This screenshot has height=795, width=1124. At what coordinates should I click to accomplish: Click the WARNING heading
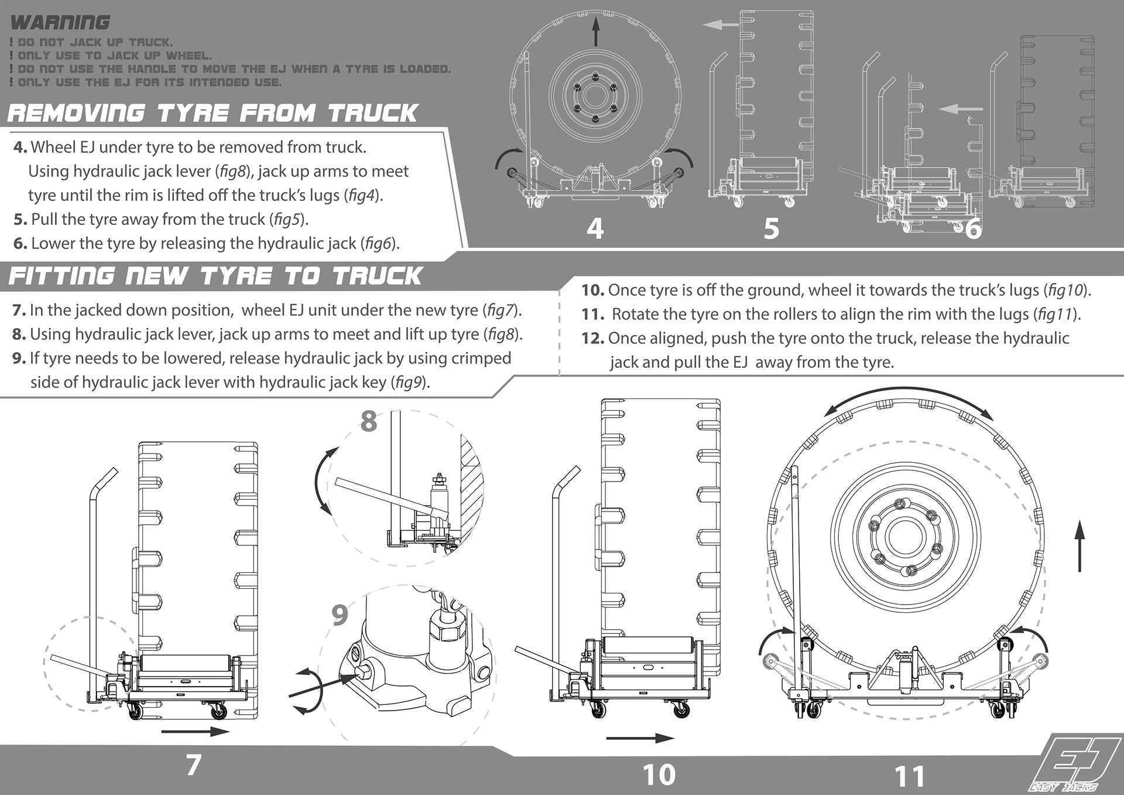[60, 22]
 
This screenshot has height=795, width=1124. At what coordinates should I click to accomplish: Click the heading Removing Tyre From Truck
[213, 113]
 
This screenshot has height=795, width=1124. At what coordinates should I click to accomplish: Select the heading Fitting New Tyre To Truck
[215, 276]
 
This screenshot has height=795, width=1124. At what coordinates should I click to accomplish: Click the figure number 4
[595, 228]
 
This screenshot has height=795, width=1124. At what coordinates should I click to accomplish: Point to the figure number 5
[772, 228]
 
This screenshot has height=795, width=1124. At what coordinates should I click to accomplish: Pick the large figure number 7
[194, 765]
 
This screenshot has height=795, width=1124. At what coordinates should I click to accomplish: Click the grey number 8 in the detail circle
[368, 421]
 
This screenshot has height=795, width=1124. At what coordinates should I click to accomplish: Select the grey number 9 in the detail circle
[340, 615]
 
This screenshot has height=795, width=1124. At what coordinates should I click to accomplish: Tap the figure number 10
[659, 774]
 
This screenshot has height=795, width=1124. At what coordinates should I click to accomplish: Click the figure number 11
[910, 777]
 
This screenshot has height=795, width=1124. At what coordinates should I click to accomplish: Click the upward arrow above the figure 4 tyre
[596, 31]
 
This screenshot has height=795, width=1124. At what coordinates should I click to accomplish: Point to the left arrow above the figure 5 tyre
[721, 25]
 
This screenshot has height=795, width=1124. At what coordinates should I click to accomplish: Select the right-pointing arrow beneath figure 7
[195, 731]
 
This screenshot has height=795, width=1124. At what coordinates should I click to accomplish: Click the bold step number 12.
[592, 338]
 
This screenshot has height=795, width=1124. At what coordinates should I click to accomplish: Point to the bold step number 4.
[20, 147]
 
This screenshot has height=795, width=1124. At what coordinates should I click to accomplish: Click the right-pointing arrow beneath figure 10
[640, 738]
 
